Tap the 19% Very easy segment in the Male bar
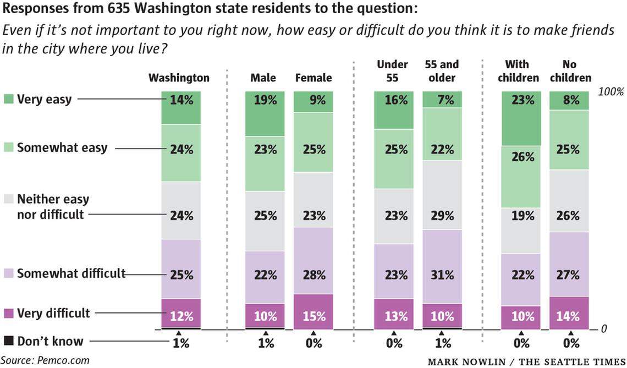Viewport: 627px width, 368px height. [x=265, y=114]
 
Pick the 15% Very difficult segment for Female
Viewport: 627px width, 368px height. [x=313, y=311]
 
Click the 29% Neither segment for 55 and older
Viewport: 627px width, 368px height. [x=442, y=195]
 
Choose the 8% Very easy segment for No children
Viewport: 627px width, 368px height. [x=569, y=101]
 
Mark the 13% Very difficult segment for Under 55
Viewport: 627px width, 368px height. [x=394, y=314]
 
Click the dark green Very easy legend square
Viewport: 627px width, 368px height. [x=8, y=100]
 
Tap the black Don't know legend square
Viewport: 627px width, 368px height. [x=8, y=341]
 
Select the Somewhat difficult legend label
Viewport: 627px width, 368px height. [x=71, y=273]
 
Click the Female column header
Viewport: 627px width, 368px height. [x=313, y=78]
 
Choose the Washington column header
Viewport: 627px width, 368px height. [x=179, y=78]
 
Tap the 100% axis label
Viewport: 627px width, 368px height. [x=610, y=92]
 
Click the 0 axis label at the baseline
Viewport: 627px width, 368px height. [x=604, y=329]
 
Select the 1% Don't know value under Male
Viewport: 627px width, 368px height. [x=265, y=343]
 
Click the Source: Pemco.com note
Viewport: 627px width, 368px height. [x=45, y=360]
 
